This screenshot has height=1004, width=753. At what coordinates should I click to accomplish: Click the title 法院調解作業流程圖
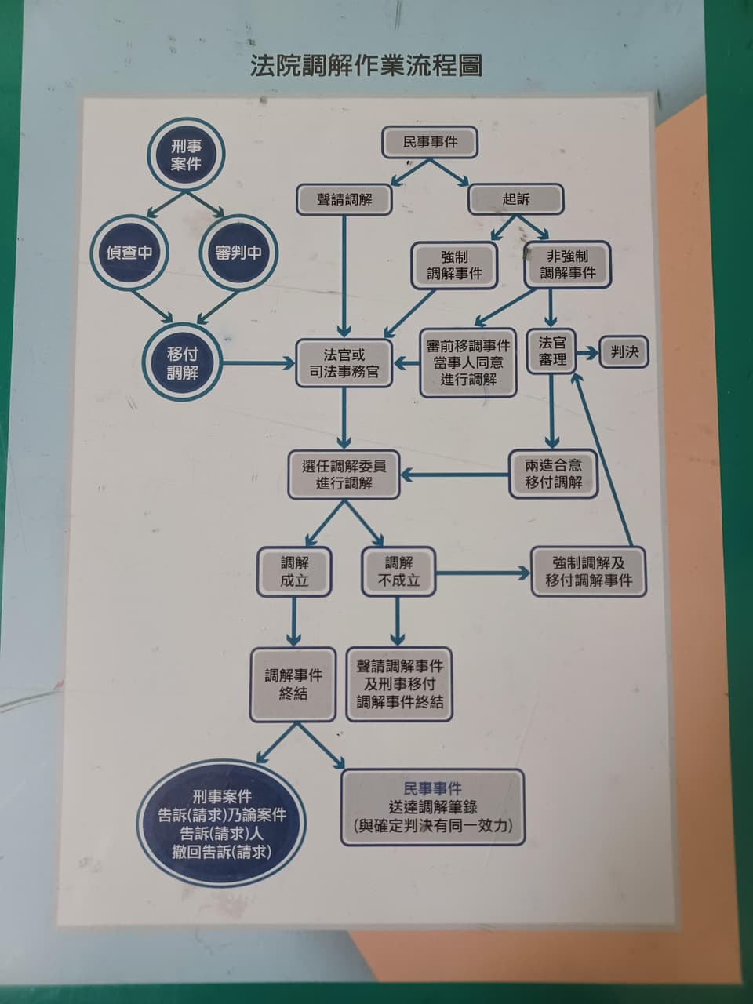click(x=366, y=66)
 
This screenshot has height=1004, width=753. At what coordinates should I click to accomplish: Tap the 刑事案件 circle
click(x=186, y=155)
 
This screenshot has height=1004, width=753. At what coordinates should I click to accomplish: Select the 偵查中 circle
click(x=130, y=252)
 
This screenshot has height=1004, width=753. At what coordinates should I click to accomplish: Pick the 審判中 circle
click(x=238, y=252)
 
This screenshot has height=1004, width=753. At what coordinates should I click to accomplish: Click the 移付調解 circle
click(x=183, y=363)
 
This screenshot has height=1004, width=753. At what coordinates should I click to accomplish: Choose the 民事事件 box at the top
click(x=430, y=142)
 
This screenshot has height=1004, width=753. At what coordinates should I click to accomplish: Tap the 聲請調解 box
click(x=344, y=199)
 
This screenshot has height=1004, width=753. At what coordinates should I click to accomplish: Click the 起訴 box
click(x=515, y=199)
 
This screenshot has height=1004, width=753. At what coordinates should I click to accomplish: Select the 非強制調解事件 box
click(x=567, y=265)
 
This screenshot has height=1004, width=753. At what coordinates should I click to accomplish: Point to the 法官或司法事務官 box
click(x=344, y=363)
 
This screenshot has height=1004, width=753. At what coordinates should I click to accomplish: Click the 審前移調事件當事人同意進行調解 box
click(x=468, y=362)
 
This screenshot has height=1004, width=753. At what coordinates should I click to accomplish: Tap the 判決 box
click(x=624, y=351)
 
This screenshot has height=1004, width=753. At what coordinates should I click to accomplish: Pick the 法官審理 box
click(x=551, y=351)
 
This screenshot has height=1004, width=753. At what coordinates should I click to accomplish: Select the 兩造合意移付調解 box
click(x=553, y=474)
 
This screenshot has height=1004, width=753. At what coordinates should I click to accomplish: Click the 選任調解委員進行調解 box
click(x=344, y=475)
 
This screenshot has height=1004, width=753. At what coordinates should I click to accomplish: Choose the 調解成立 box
click(x=294, y=572)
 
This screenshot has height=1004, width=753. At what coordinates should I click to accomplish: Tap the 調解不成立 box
click(x=398, y=572)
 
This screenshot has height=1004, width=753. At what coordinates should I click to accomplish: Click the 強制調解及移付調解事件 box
click(x=588, y=572)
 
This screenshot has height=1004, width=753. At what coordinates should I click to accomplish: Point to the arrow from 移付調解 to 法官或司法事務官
click(x=259, y=364)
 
